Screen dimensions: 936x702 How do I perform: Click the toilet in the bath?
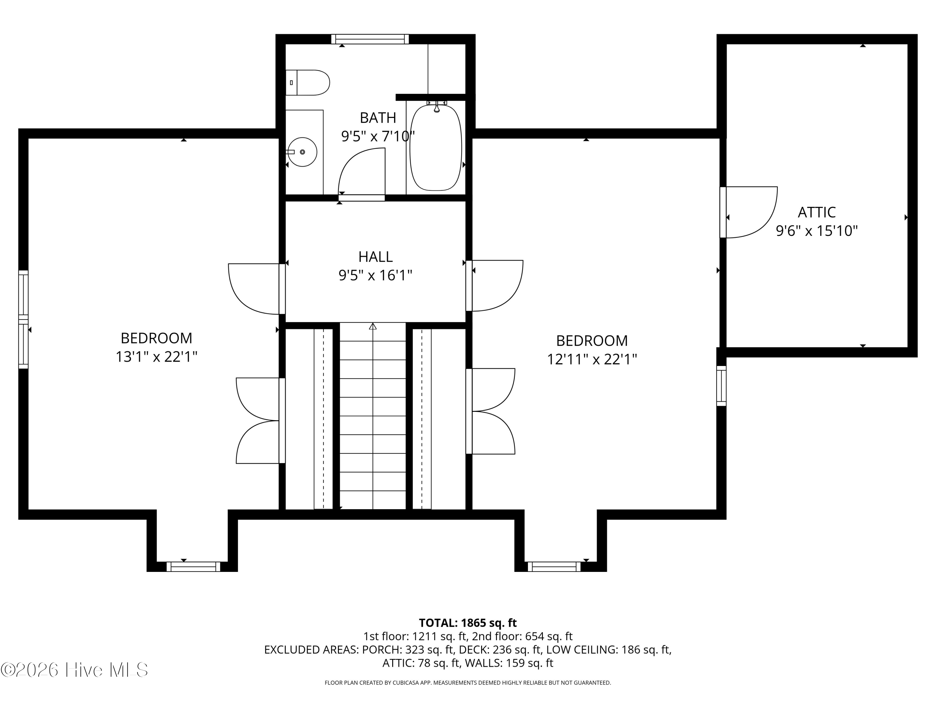(x=308, y=82)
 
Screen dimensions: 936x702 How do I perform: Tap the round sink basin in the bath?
(x=303, y=152)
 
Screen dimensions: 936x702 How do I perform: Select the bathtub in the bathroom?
(x=436, y=148)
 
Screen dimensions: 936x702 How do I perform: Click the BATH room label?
(x=378, y=117)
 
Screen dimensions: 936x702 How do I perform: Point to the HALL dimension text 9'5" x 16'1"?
(x=375, y=275)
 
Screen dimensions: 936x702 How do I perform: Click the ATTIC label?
(x=817, y=212)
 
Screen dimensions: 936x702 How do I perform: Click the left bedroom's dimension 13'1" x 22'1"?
(x=157, y=357)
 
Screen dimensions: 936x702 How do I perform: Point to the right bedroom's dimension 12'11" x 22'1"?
(x=592, y=359)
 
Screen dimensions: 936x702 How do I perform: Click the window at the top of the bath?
(x=370, y=39)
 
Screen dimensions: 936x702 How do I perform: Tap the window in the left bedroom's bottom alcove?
(x=193, y=567)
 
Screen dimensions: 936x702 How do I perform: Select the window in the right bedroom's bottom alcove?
(x=554, y=567)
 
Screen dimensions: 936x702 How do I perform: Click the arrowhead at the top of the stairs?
(x=373, y=326)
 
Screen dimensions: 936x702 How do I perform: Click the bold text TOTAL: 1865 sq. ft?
(x=468, y=623)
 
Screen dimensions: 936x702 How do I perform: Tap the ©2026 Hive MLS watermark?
(x=75, y=670)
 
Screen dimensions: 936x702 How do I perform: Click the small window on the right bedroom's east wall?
(x=721, y=386)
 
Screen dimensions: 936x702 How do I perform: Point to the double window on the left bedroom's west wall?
(x=23, y=319)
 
